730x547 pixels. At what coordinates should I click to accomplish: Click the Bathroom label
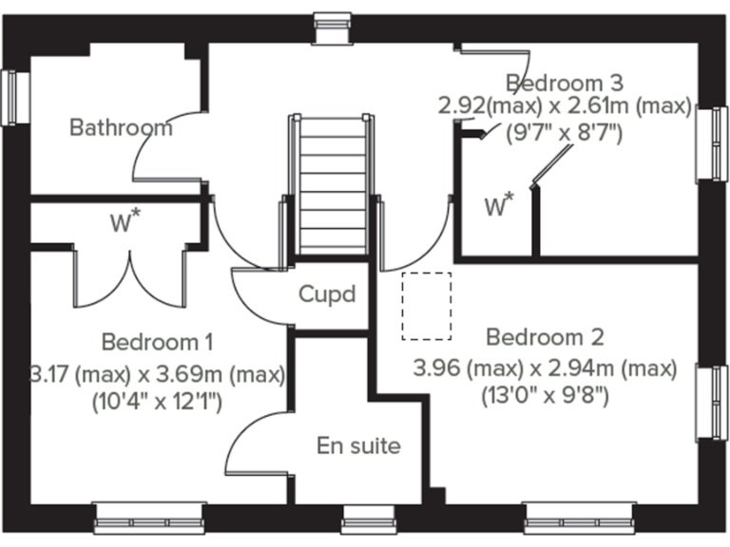tap(122, 127)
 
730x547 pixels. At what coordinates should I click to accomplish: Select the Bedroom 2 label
tap(545, 337)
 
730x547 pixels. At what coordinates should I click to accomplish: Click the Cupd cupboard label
tap(327, 294)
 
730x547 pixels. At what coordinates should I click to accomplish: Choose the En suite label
tap(358, 445)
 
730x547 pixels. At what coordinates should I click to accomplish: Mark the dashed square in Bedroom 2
tap(426, 306)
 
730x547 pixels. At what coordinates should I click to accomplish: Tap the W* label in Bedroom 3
tap(499, 205)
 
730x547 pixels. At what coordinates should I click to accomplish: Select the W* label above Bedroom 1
tap(125, 224)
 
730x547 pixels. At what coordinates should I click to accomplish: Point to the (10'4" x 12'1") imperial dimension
tap(157, 402)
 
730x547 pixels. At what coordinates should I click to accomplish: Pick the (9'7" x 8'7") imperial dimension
tap(565, 133)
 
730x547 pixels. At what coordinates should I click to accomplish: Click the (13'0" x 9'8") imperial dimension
tap(545, 394)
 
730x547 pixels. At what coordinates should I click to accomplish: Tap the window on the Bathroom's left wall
tap(12, 97)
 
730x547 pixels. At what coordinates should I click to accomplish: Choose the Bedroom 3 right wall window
tap(712, 142)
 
